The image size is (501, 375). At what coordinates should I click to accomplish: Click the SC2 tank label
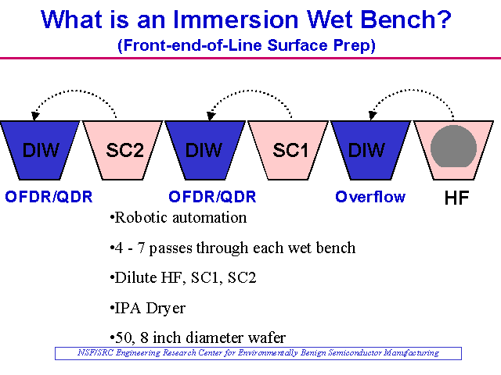click(125, 150)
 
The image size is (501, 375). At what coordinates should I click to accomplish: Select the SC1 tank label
click(290, 150)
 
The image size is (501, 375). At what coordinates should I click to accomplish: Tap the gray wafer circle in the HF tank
click(453, 146)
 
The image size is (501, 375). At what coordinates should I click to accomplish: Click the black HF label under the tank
click(456, 198)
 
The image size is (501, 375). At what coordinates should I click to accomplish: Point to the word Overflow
click(370, 197)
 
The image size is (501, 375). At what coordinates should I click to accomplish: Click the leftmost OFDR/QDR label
click(49, 197)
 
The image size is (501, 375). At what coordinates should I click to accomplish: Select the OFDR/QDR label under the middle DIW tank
click(212, 197)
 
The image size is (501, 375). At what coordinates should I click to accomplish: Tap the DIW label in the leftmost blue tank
click(41, 150)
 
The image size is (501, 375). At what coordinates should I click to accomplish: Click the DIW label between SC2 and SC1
click(204, 150)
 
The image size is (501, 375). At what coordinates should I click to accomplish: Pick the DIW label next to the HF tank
click(366, 150)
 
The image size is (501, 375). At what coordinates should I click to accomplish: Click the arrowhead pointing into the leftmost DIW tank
click(35, 116)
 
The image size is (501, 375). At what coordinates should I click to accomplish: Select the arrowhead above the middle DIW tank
click(211, 116)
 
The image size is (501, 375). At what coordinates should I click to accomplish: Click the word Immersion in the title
click(236, 20)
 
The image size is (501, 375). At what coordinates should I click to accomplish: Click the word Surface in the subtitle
click(297, 45)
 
